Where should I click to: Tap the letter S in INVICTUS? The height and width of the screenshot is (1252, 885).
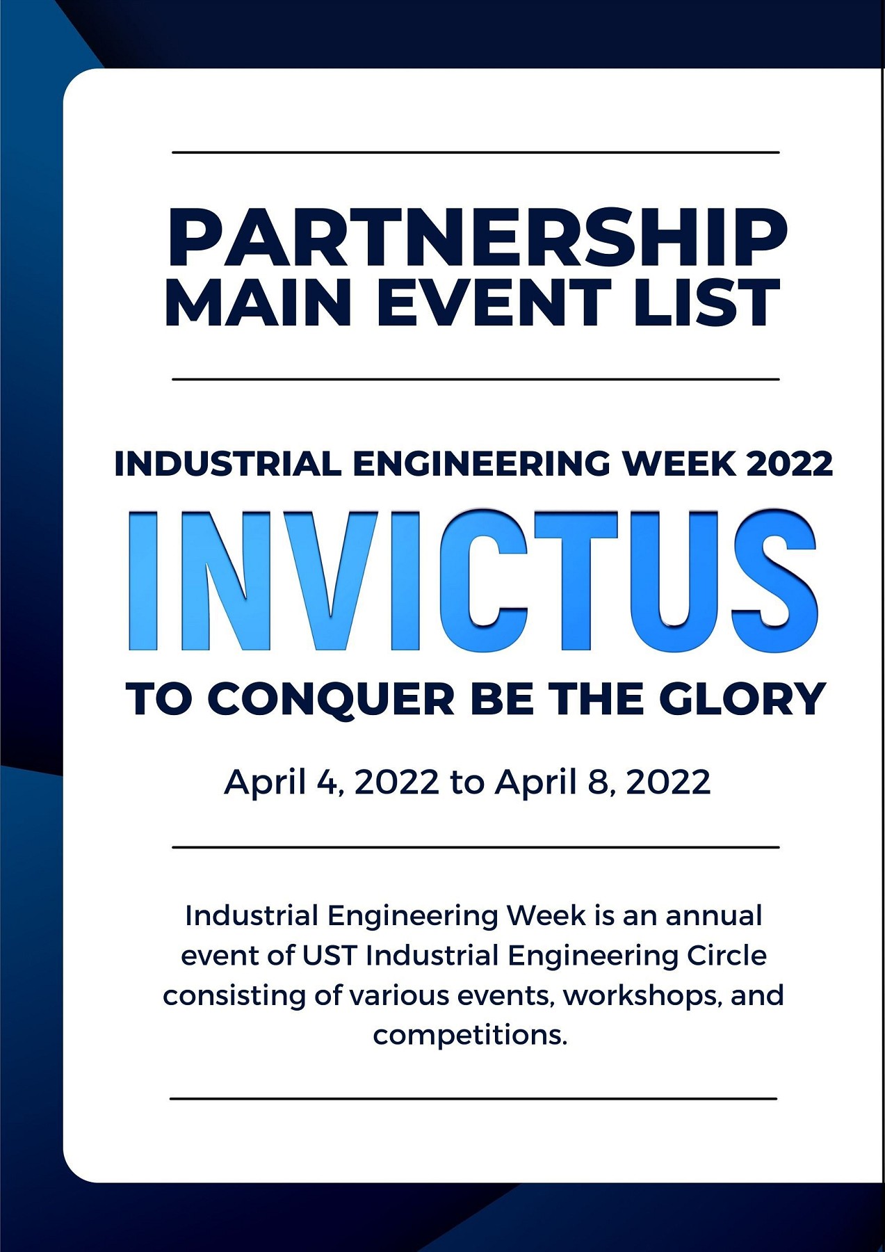pos(773,580)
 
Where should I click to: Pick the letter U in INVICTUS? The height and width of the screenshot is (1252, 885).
pos(674,581)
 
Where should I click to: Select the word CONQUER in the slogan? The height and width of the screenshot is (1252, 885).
pos(331,699)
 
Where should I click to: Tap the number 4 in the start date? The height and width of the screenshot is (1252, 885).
pos(326,782)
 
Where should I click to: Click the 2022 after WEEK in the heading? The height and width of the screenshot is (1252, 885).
pos(789,464)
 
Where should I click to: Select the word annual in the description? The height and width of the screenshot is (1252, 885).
pos(714,915)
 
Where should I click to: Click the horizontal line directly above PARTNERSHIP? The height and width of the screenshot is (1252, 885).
pos(476,152)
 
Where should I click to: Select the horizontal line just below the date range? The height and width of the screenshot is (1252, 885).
pos(476,847)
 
